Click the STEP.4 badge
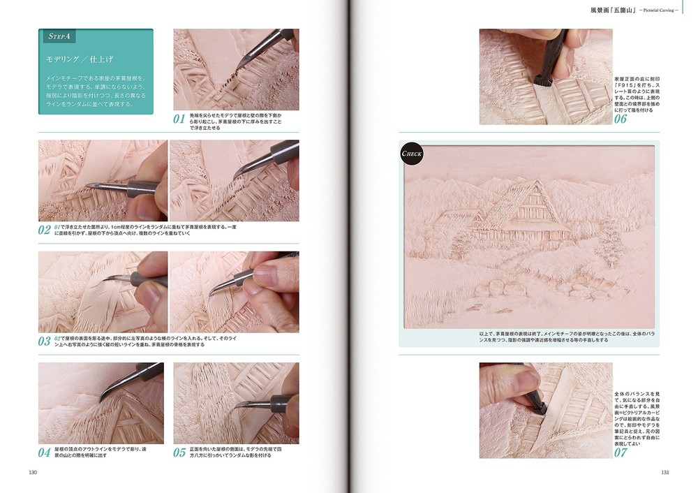coord(60,36)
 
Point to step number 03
coord(45,341)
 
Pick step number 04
coord(45,452)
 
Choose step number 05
coord(181,452)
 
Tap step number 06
coord(621,119)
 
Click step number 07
coord(621,452)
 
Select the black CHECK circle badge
coord(412,153)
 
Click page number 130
coord(33,473)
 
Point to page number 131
coord(665,473)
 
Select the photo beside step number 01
coord(236,69)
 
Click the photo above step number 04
coord(101,403)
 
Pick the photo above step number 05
coord(236,403)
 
